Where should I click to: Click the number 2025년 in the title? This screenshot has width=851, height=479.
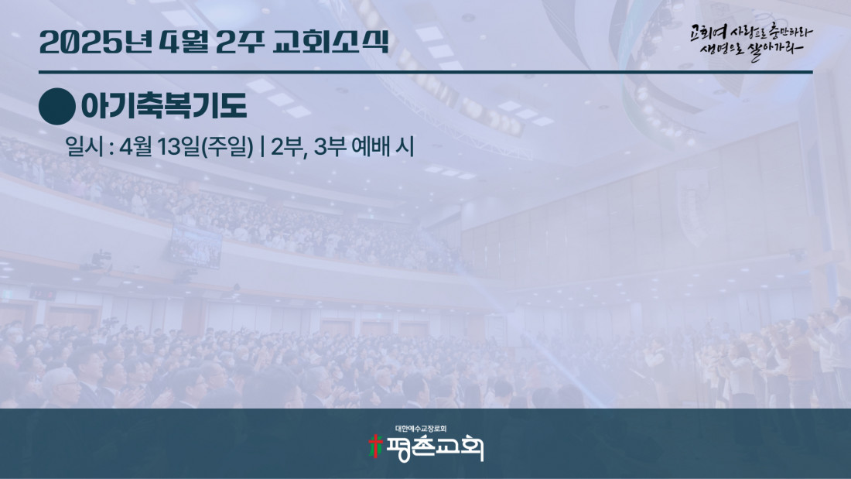96,42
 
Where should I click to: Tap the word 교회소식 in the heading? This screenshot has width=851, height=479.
331,42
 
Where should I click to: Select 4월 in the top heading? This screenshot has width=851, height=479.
184,42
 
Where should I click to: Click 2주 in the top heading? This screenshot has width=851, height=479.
241,42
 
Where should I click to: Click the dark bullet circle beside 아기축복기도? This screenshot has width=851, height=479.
57,107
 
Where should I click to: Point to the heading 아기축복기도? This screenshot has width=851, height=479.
164,106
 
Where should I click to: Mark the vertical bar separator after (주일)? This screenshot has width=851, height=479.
262,146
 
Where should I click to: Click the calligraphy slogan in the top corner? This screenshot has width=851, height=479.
751,41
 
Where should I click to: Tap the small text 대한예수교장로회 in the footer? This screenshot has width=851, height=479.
421,429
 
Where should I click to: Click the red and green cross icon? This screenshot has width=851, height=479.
375,446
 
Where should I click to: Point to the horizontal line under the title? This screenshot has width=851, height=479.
425,72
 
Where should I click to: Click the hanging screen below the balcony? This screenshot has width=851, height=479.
196,246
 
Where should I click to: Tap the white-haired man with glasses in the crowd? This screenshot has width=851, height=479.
61,387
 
